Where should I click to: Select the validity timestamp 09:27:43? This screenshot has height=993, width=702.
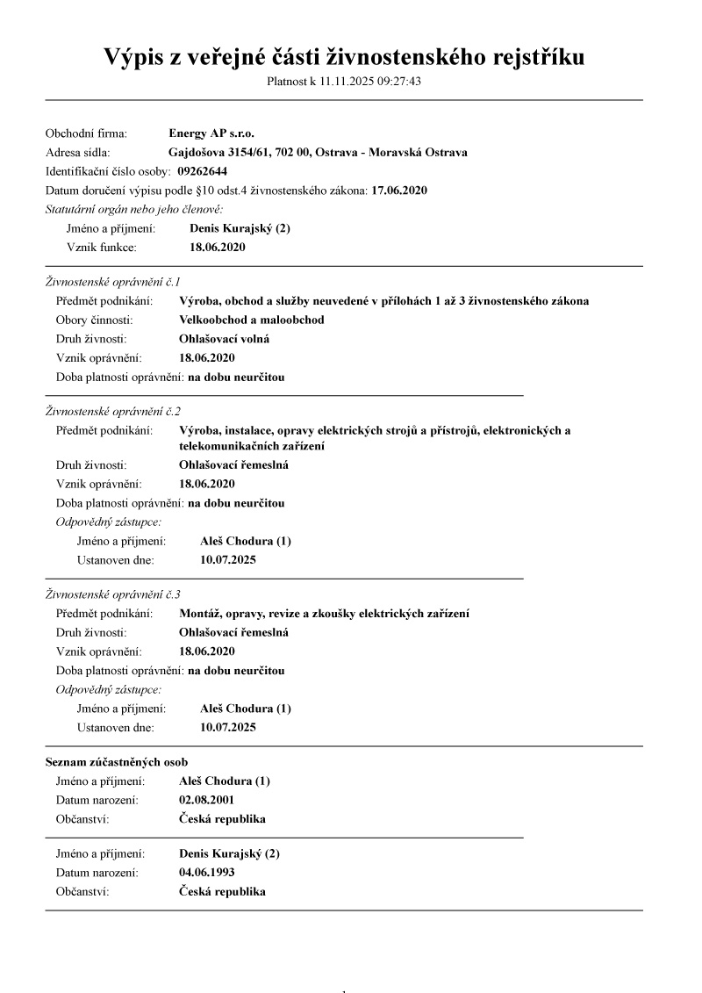[x=400, y=82]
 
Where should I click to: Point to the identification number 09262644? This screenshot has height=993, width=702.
[x=202, y=171]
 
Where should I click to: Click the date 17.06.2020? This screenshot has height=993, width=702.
[x=399, y=190]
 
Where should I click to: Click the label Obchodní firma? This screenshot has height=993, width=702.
[x=86, y=133]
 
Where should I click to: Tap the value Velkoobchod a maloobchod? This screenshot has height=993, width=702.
[x=251, y=320]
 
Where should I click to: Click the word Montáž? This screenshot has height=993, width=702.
[x=199, y=613]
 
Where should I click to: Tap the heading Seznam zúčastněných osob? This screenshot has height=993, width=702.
[x=116, y=762]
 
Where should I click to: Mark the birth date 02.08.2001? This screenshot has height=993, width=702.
[x=206, y=800]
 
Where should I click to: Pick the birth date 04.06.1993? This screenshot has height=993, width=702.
[x=206, y=873]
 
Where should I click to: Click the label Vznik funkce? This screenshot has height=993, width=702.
[x=101, y=248]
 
